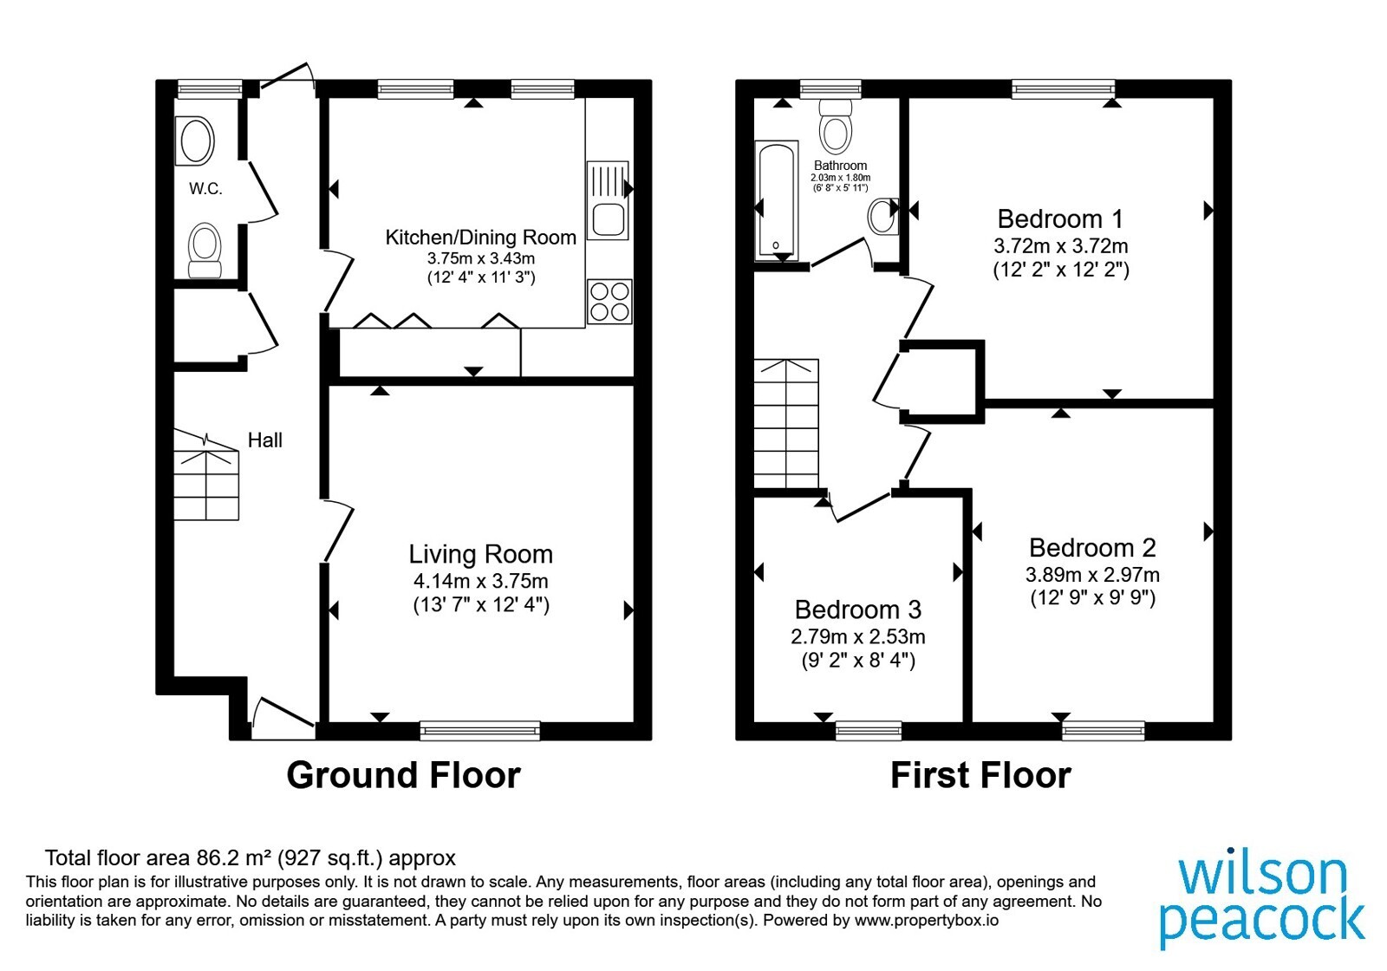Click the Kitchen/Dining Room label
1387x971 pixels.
[480, 238]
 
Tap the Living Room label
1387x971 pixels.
[480, 554]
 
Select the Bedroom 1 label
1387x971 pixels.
[1060, 218]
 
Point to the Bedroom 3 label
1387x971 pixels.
[858, 610]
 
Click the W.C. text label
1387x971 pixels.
[205, 189]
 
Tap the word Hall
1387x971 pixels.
[265, 440]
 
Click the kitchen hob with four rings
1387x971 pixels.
[609, 302]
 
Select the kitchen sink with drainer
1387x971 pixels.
[608, 200]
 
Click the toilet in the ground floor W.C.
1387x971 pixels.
[205, 251]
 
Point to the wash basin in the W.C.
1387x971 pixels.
[195, 141]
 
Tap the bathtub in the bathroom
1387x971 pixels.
[777, 200]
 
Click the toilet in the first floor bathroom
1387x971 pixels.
[835, 127]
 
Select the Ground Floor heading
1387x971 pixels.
[404, 775]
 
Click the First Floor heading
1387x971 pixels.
[980, 775]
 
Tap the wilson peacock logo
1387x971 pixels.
[1262, 902]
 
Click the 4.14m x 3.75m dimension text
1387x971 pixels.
[480, 581]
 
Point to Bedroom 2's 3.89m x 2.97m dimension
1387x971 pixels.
[1092, 575]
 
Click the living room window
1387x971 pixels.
[480, 731]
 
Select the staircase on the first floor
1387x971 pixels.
[786, 424]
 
